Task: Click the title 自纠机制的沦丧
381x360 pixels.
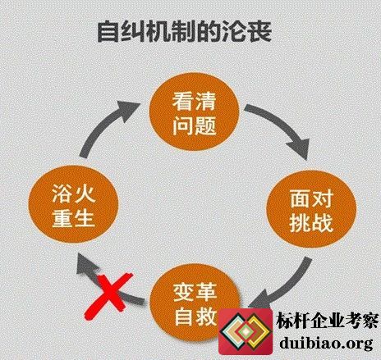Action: pyautogui.click(x=185, y=31)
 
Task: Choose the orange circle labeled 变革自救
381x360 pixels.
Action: pyautogui.click(x=195, y=303)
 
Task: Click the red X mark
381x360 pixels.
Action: pyautogui.click(x=108, y=296)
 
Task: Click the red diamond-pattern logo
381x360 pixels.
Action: pyautogui.click(x=246, y=331)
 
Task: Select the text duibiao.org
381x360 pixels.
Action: pyautogui.click(x=326, y=343)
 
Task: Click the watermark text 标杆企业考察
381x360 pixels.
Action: pyautogui.click(x=328, y=321)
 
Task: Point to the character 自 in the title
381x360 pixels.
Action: pyautogui.click(x=108, y=32)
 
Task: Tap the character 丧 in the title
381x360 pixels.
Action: pyautogui.click(x=260, y=31)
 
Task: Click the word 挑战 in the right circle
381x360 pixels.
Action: pyautogui.click(x=311, y=222)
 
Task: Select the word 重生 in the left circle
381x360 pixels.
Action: pyautogui.click(x=73, y=220)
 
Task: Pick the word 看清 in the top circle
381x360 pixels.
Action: pyautogui.click(x=194, y=101)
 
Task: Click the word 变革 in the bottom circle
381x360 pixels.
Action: pyautogui.click(x=195, y=292)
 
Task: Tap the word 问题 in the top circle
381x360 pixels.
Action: pyautogui.click(x=194, y=125)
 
